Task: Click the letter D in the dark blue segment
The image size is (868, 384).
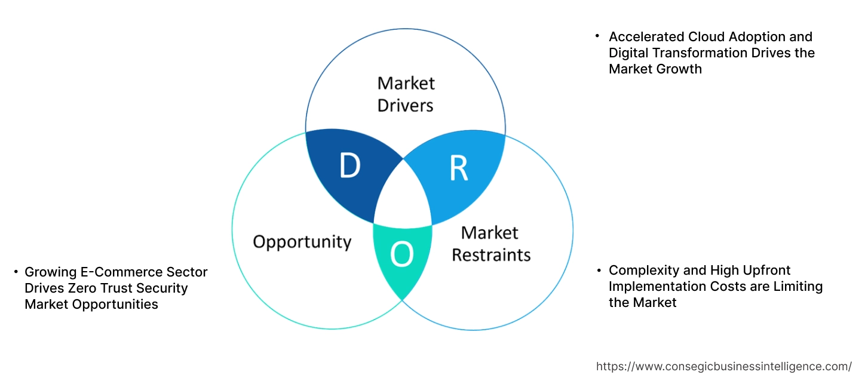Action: tap(350, 165)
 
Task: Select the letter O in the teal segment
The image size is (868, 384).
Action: tap(401, 256)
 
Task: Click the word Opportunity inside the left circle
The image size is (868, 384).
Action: tap(302, 242)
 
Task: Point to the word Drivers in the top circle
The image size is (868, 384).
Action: tap(406, 106)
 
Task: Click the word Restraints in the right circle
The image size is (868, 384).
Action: tap(491, 255)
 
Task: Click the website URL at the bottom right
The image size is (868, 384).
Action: tap(724, 366)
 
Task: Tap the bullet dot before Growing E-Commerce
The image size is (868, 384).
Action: tap(16, 272)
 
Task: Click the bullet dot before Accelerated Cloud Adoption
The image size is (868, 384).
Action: tap(597, 36)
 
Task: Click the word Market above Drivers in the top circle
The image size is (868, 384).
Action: tap(406, 82)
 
